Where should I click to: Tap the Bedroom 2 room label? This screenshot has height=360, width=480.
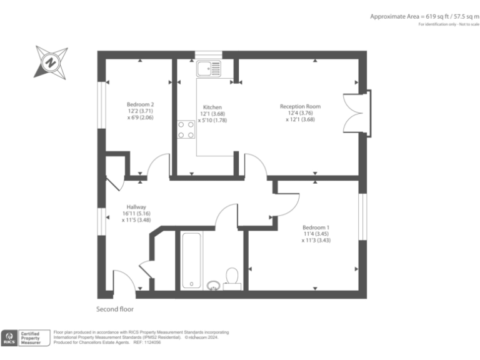140,104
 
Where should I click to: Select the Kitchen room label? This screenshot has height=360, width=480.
212,107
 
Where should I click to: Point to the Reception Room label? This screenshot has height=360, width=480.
300,106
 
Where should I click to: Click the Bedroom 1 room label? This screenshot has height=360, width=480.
315,227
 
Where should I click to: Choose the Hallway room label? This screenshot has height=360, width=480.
136,207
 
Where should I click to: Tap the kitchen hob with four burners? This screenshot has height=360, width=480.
186,129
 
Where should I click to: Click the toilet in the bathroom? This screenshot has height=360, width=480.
232,277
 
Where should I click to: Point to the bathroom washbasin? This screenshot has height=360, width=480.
213,285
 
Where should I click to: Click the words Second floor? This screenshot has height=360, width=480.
114,309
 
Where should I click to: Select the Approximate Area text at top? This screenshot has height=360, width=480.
422,16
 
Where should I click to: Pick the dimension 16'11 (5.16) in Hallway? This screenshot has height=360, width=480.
136,214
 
